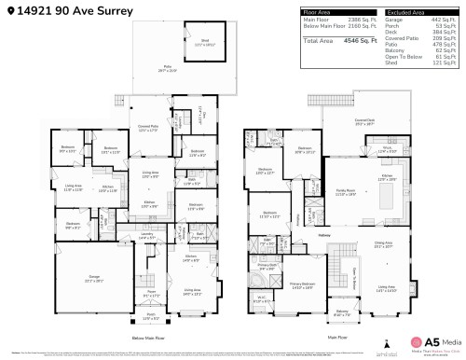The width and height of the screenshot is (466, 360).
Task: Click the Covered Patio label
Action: [147, 128]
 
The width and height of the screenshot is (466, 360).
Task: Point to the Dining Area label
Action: [384, 244]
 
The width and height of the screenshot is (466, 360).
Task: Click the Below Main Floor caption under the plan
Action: [147, 338]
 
